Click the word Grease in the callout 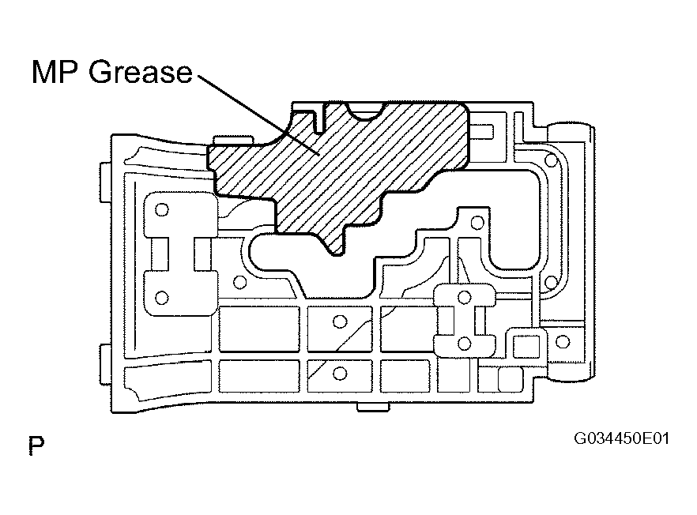(x=141, y=72)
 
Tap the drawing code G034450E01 (x=621, y=438)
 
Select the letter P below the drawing (x=36, y=445)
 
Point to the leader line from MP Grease (x=258, y=115)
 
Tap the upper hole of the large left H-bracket (x=162, y=209)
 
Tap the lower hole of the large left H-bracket (x=162, y=297)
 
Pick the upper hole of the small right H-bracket (x=465, y=297)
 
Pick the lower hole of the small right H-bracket (x=465, y=343)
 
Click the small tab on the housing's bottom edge (x=373, y=407)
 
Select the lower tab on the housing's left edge (x=105, y=364)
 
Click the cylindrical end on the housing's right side (x=571, y=254)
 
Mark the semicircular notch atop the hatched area (x=366, y=111)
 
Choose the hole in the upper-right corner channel (x=552, y=160)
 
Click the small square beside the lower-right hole (x=526, y=346)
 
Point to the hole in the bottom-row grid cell (x=340, y=374)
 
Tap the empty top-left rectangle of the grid (x=259, y=329)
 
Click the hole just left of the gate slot (x=240, y=282)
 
